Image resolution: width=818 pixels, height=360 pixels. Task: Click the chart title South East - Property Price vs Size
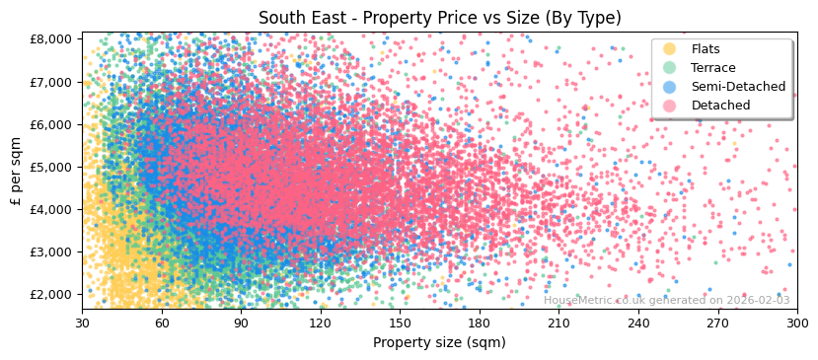(x=439, y=18)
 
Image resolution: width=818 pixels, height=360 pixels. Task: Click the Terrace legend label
(x=713, y=68)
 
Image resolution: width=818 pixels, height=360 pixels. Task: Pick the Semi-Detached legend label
(x=738, y=87)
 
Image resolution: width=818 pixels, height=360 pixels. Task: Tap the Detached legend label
(x=720, y=106)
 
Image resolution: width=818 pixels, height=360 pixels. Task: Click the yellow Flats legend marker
(x=670, y=49)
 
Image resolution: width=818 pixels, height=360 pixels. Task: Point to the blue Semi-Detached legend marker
(x=670, y=87)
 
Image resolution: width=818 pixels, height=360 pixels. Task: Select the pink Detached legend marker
(x=670, y=106)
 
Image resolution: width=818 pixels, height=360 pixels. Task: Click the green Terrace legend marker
(x=670, y=68)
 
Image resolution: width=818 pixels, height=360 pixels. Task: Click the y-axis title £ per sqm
(x=16, y=172)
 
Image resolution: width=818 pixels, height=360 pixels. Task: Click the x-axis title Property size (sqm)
(x=439, y=343)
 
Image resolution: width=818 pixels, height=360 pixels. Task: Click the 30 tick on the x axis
(x=83, y=323)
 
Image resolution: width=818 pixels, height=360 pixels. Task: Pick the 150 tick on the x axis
(x=400, y=323)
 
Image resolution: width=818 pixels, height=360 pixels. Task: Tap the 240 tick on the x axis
(x=638, y=323)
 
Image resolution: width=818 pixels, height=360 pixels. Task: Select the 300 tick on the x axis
(x=796, y=323)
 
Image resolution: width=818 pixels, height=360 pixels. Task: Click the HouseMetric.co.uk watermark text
(x=667, y=301)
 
